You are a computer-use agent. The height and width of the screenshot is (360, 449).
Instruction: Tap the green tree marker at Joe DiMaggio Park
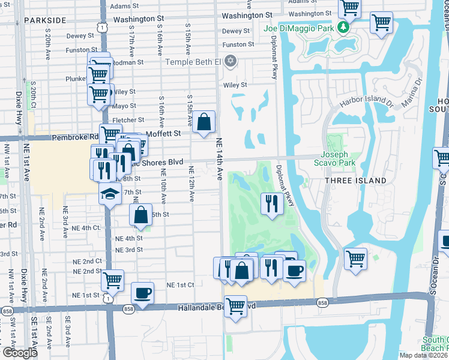[x=343, y=28]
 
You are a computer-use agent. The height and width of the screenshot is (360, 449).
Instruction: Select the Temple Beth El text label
[x=193, y=61]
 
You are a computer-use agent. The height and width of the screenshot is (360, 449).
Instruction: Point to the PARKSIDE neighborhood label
[x=45, y=20]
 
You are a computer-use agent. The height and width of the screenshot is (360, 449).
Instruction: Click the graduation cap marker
[x=109, y=193]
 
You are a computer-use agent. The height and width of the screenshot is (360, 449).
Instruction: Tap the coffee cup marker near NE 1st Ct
[x=142, y=293]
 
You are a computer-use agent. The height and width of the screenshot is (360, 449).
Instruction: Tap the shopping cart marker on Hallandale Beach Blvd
[x=235, y=306]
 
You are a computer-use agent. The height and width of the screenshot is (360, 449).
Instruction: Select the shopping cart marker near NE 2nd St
[x=112, y=280]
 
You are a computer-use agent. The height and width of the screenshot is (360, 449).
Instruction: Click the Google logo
[x=19, y=353]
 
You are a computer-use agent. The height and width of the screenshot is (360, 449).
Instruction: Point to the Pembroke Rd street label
[x=74, y=137]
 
